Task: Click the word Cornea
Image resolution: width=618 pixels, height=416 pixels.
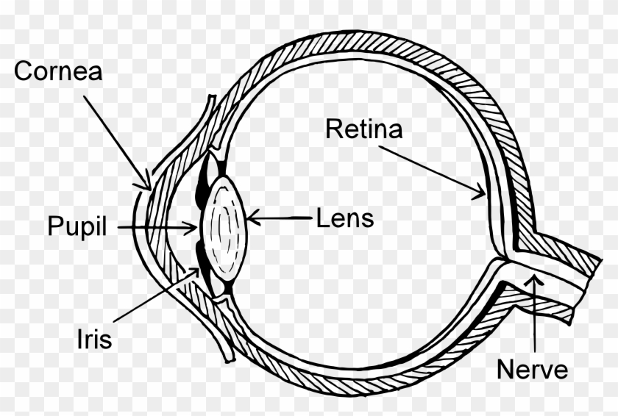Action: point(58,71)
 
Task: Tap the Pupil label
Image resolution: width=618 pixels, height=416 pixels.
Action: point(77,226)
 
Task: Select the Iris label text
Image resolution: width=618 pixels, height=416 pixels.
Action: point(95,339)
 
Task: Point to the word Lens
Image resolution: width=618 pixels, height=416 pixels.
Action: point(345,218)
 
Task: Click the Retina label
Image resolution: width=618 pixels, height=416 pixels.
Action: point(363,129)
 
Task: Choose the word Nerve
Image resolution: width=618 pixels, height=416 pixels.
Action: point(532,369)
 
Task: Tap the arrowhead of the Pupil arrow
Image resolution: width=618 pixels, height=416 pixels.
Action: point(191,227)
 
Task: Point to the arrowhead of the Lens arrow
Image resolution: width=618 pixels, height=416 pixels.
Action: point(253,218)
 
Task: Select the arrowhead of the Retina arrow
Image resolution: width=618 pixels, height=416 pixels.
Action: point(480,192)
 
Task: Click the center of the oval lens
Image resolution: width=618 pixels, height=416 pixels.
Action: point(224,229)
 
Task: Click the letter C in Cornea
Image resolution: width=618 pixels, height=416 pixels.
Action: point(24,71)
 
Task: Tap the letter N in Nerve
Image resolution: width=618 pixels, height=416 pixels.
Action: point(505,369)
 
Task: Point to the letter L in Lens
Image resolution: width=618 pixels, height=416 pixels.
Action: point(322,218)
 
